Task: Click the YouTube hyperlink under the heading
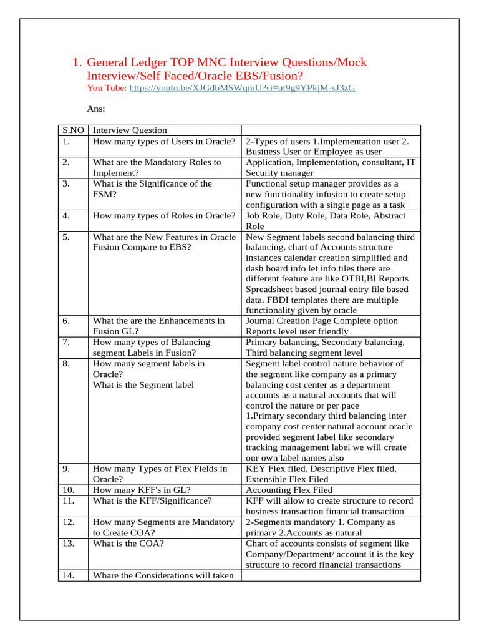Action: click(242, 89)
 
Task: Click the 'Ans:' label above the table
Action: click(95, 109)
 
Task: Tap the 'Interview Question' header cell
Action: click(130, 130)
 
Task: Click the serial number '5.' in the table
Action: click(66, 237)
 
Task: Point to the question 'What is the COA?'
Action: click(127, 544)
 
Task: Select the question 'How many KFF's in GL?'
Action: click(142, 490)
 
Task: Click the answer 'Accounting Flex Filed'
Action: click(289, 490)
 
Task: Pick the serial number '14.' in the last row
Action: click(68, 575)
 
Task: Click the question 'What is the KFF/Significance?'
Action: click(152, 500)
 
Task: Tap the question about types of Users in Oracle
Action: click(163, 141)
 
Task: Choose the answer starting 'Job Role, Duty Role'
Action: click(326, 216)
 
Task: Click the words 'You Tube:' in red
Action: click(107, 89)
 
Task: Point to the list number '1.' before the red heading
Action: click(77, 62)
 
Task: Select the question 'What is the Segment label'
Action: click(143, 384)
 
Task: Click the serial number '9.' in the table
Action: click(66, 469)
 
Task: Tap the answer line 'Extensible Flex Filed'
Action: click(287, 479)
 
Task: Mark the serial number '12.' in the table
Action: click(68, 522)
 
